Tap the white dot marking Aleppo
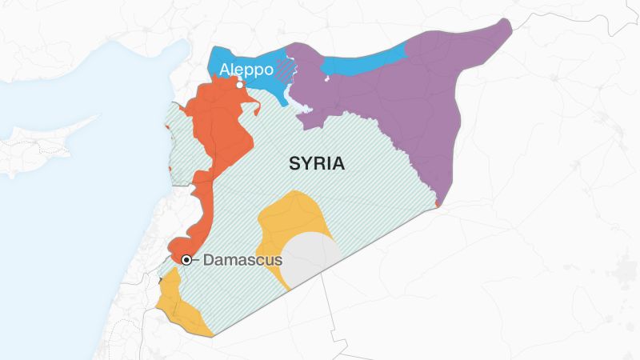238,82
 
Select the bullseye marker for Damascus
186,259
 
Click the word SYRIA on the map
317,164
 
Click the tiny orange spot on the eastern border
438,204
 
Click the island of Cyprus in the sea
48,144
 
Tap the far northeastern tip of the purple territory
506,24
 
